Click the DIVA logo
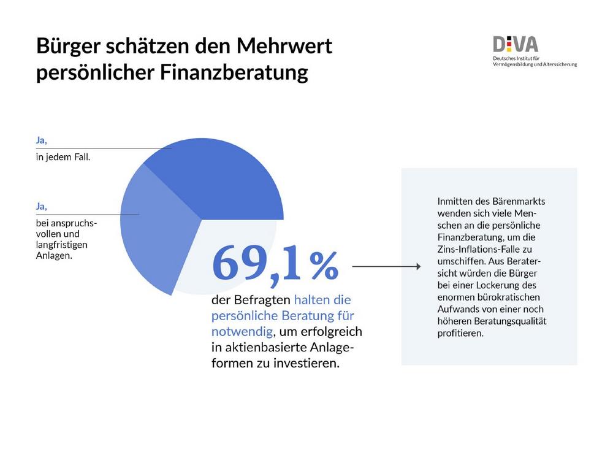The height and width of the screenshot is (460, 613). (516, 45)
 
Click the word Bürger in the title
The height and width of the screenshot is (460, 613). (69, 47)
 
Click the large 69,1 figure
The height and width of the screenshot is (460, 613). (257, 264)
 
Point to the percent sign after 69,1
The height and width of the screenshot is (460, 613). (323, 266)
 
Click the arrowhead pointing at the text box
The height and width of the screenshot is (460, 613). (417, 267)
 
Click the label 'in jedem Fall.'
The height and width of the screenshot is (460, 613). (63, 157)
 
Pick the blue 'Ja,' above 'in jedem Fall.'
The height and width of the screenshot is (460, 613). (42, 140)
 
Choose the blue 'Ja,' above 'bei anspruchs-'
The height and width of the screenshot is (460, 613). (42, 207)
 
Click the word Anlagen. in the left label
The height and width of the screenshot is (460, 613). (54, 256)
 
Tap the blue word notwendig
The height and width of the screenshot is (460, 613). (241, 331)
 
